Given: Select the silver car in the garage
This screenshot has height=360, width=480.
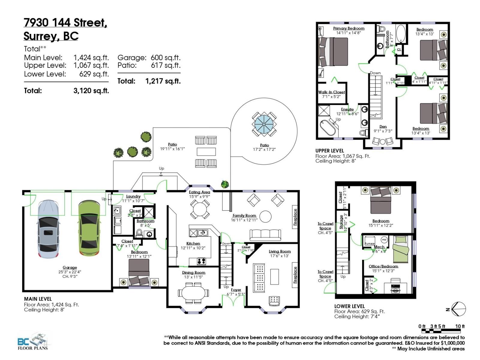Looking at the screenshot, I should pyautogui.click(x=48, y=229).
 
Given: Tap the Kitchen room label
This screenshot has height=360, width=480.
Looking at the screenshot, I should pyautogui.click(x=193, y=244).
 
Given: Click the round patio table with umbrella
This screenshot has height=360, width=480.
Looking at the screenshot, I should pyautogui.click(x=264, y=124).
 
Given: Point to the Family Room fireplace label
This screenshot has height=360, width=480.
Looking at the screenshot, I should pyautogui.click(x=295, y=217).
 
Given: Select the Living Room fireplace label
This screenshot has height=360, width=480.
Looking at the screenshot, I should pyautogui.click(x=295, y=275).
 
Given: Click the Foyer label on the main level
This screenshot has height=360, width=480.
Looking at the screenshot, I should pyautogui.click(x=236, y=290).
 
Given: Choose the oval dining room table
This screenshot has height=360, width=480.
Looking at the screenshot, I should pyautogui.click(x=193, y=293).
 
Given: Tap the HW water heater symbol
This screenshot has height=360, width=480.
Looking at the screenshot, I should pyautogui.click(x=384, y=240).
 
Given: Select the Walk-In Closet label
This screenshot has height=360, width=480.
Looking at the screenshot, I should pyautogui.click(x=331, y=92).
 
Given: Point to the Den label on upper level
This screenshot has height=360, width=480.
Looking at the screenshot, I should pyautogui.click(x=383, y=127).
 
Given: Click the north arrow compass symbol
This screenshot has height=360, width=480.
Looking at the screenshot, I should pyautogui.click(x=458, y=309).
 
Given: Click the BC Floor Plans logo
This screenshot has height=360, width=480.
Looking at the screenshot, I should pyautogui.click(x=32, y=341).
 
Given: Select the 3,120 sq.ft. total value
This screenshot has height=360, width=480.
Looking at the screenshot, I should pyautogui.click(x=91, y=91).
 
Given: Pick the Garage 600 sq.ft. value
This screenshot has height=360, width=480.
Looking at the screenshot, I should pyautogui.click(x=166, y=58).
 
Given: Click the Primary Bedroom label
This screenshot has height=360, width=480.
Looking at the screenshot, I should pyautogui.click(x=349, y=28).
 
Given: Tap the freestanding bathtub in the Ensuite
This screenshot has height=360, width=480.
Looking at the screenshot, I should pyautogui.click(x=328, y=128).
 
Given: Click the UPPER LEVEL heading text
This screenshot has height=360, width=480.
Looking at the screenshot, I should pyautogui.click(x=329, y=151).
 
